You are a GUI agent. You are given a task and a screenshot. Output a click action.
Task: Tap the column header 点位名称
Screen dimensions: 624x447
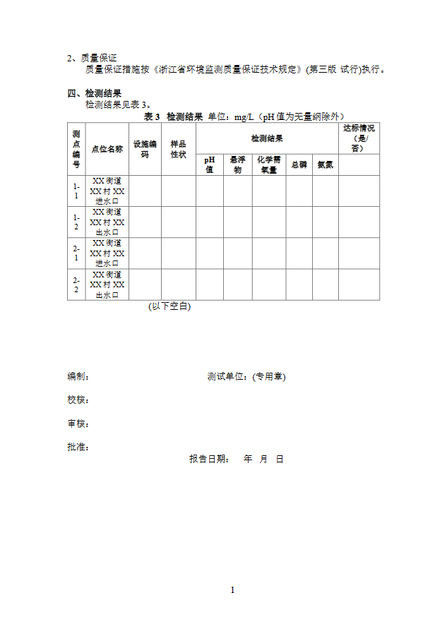(x=107, y=149)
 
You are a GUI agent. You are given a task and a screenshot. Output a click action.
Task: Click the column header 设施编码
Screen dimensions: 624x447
(x=145, y=149)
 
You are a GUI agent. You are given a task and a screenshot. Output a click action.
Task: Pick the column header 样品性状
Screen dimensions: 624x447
(x=178, y=149)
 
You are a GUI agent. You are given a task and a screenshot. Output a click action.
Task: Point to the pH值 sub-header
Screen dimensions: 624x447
(x=209, y=164)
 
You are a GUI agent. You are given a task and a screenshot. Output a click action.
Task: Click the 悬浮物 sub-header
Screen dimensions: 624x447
(x=237, y=164)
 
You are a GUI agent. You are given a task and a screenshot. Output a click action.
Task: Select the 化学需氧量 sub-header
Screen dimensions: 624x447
(x=269, y=164)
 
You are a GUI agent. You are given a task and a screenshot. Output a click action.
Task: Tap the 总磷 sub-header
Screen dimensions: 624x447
(x=299, y=164)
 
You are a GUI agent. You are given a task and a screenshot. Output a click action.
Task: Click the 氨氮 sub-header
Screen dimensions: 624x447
(x=325, y=164)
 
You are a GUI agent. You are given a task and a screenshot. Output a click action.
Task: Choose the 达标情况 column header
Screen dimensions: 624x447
(x=359, y=138)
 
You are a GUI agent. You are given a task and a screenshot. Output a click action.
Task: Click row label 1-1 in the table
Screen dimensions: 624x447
(x=76, y=191)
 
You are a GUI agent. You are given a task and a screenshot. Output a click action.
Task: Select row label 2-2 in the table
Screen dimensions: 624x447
(x=76, y=284)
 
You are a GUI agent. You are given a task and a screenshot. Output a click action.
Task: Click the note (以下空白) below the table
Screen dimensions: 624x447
(x=169, y=306)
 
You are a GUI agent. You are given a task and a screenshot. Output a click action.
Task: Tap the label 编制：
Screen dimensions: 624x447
(x=78, y=377)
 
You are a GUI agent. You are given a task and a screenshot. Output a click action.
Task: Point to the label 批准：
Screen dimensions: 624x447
(x=78, y=447)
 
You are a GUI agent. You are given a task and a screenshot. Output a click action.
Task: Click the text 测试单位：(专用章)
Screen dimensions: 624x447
(x=246, y=377)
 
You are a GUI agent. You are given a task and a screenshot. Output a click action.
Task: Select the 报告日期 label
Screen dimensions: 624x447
(x=209, y=459)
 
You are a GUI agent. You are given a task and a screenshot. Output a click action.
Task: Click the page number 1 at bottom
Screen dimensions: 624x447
(x=232, y=590)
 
